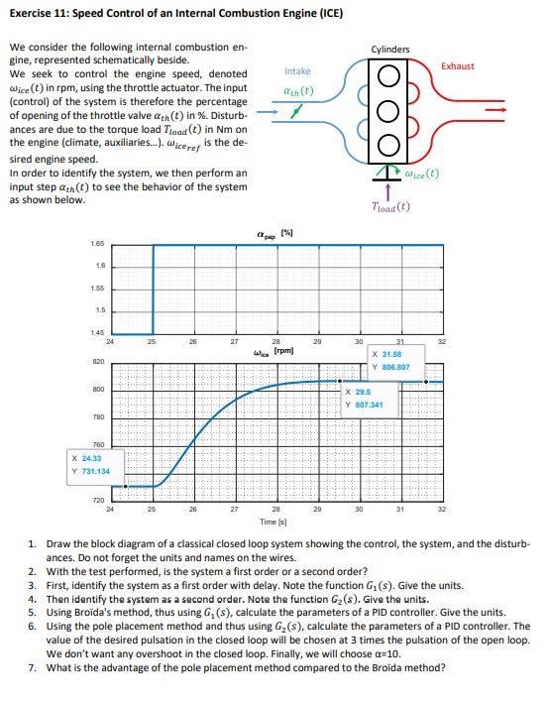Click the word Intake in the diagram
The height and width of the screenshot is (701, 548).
click(x=297, y=71)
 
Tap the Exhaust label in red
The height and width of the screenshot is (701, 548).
click(x=458, y=66)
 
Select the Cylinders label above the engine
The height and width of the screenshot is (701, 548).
click(x=390, y=49)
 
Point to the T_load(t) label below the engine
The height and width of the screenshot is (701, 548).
click(x=389, y=207)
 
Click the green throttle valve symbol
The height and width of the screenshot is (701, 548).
click(x=293, y=115)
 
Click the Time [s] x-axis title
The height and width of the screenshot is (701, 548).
click(x=274, y=521)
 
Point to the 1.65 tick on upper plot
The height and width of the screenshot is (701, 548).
click(x=97, y=243)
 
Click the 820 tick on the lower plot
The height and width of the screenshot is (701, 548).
click(x=97, y=363)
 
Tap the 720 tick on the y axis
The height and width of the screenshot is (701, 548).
click(x=97, y=502)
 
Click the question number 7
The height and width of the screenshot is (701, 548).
click(x=32, y=666)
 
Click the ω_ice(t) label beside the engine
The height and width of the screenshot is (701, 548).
click(x=422, y=175)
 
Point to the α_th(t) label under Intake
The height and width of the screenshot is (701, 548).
click(x=297, y=91)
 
